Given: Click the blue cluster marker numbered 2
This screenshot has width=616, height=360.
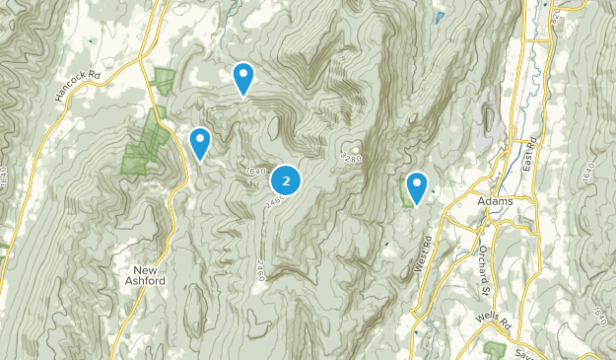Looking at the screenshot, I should [x=286, y=180].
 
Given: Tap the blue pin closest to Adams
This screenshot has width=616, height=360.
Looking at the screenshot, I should [x=416, y=185].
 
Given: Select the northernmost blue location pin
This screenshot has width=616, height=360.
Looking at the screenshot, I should [x=243, y=76].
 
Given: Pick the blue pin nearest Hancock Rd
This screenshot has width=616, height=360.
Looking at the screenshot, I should [x=200, y=141].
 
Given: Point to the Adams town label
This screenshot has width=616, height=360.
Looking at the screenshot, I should [x=494, y=201].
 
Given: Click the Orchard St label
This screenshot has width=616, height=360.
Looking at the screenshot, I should [x=484, y=270].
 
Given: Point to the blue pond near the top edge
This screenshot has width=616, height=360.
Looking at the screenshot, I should [x=439, y=17].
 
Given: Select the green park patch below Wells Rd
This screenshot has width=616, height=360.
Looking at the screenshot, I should [x=496, y=350].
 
